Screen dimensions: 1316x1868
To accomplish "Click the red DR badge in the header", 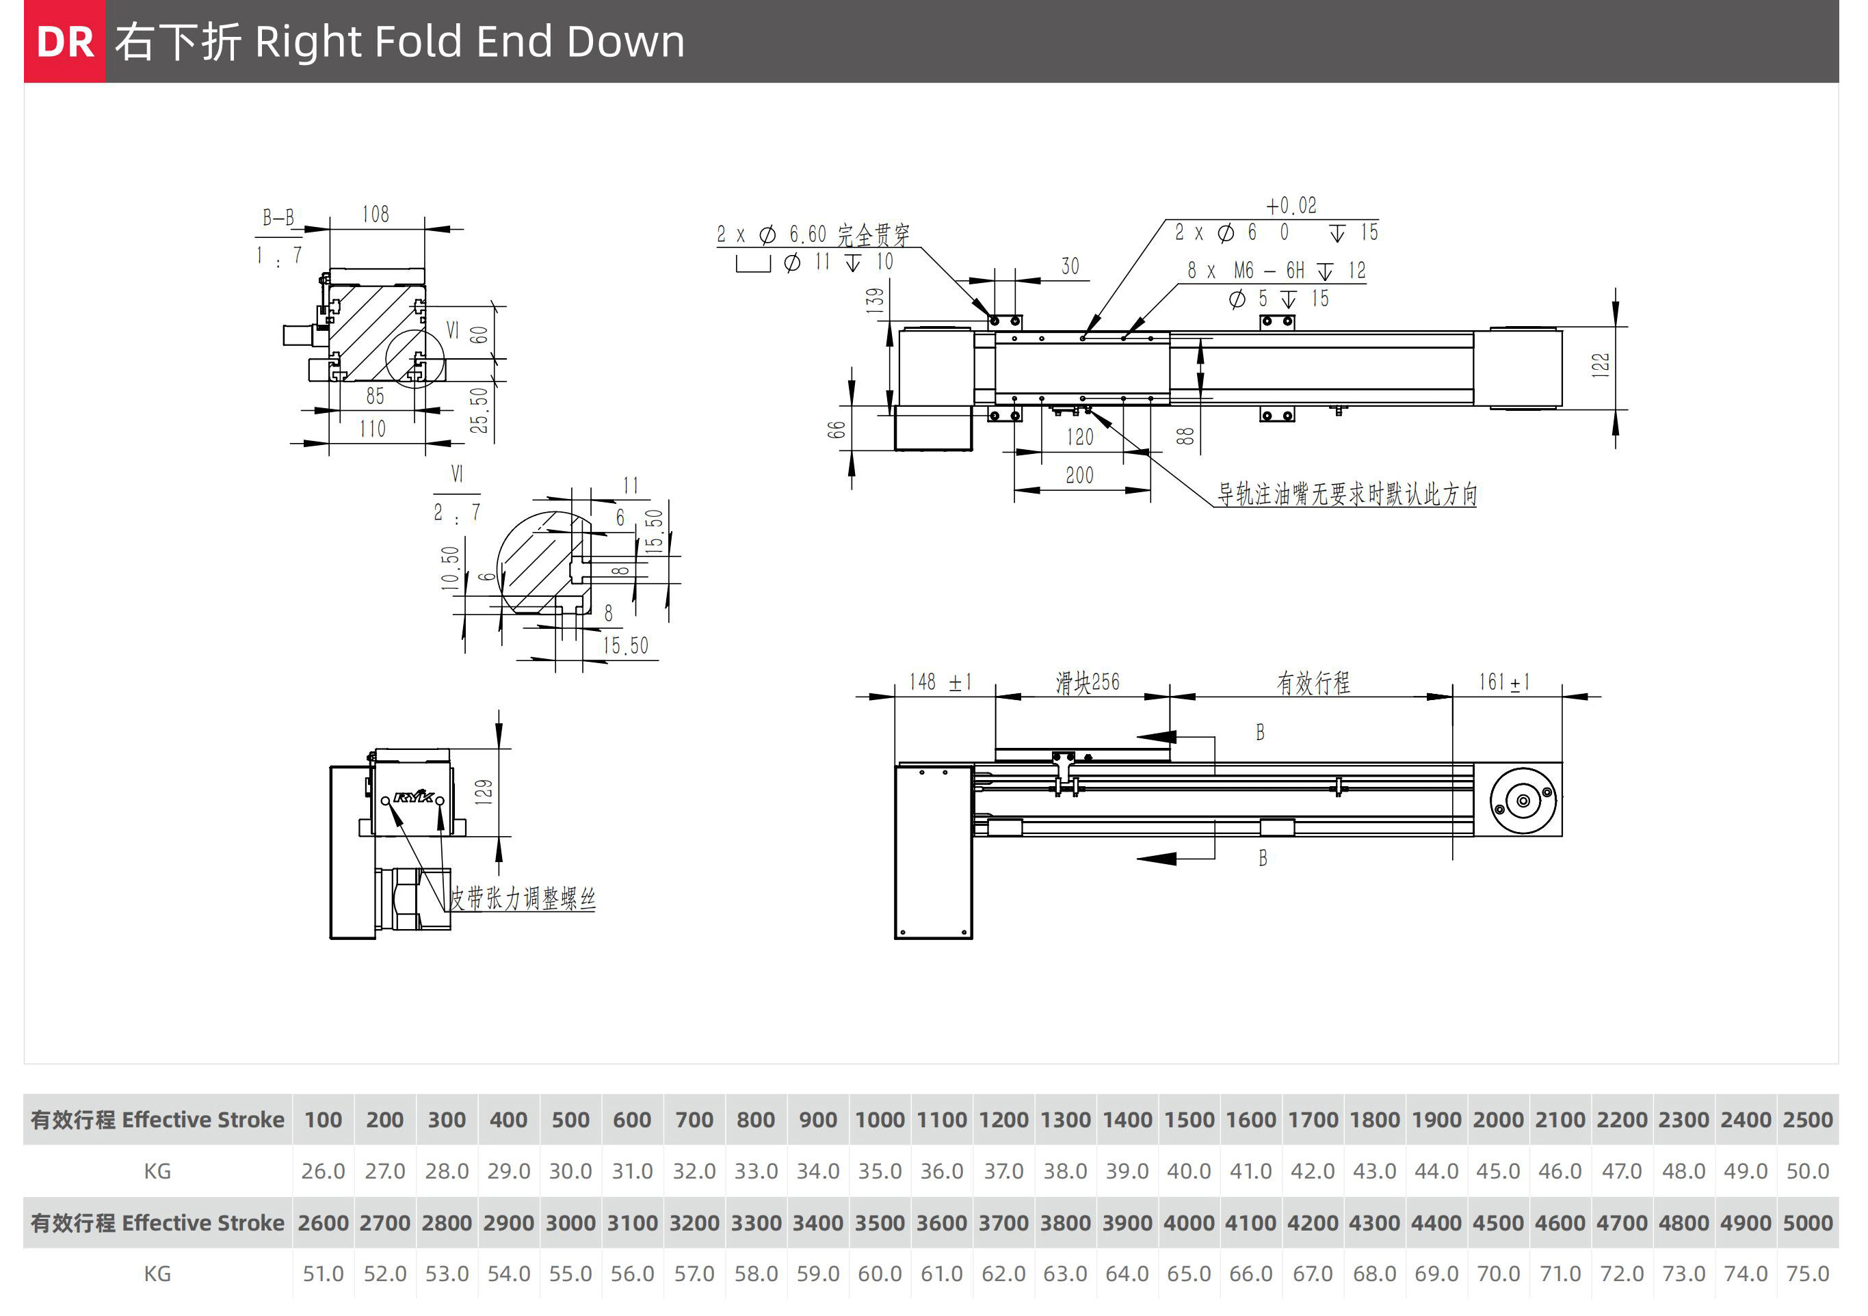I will click(64, 42).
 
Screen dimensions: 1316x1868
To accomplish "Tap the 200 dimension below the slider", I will click(1079, 476).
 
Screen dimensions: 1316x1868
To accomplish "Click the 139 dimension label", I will click(875, 300).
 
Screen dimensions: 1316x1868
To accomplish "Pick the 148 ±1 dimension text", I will click(940, 682).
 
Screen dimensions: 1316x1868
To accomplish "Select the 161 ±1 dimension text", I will click(1503, 682).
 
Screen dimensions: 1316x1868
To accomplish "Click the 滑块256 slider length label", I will click(1087, 682).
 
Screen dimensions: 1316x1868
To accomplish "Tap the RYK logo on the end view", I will click(413, 797).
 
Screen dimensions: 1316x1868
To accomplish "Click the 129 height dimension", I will click(484, 792).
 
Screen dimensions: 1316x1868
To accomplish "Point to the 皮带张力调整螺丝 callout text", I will click(523, 899).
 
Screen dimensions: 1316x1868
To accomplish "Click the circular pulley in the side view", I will click(1523, 801).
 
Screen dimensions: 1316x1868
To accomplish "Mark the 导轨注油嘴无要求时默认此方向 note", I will click(1347, 494).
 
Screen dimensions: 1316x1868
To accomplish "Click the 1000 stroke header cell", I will click(880, 1120).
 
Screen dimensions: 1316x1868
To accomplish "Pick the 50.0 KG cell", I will click(1807, 1171).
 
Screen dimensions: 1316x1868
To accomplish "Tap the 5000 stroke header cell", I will click(1807, 1223).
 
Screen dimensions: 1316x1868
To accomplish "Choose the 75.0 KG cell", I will click(1807, 1274).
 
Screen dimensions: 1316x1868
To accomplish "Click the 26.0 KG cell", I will click(323, 1171).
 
